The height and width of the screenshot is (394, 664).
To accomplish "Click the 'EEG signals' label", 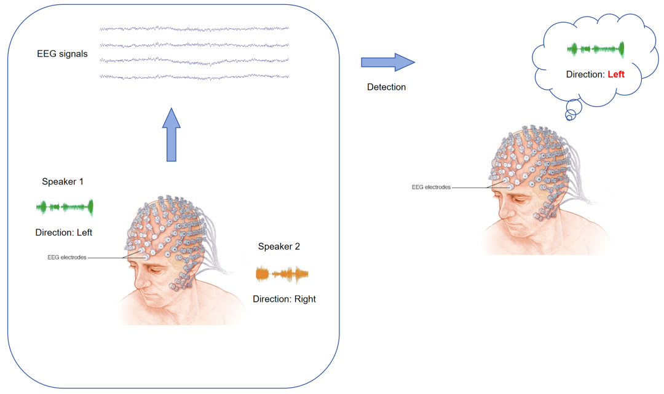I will (62, 54).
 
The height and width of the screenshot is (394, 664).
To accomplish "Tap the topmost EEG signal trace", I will (194, 28).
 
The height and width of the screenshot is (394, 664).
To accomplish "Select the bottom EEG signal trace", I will (194, 76).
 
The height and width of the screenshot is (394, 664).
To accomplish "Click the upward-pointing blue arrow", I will (173, 134).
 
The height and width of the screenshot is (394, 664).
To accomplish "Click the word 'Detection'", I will (386, 87).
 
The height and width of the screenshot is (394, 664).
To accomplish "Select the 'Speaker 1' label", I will (62, 182).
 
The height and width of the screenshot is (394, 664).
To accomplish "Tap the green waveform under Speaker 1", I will (65, 207).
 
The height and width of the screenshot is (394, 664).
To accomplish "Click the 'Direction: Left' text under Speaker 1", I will (64, 232).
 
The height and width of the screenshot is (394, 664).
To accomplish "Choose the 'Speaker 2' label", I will (279, 247).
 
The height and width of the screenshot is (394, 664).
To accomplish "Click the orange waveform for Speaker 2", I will (282, 274).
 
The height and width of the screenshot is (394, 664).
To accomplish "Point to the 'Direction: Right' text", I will (284, 299).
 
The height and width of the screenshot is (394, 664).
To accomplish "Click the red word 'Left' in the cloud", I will (615, 74).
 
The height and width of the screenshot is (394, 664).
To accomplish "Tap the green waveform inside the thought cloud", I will (595, 49).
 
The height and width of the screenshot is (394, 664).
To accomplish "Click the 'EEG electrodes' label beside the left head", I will (66, 258).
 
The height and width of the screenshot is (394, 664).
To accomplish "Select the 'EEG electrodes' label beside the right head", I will (431, 187).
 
